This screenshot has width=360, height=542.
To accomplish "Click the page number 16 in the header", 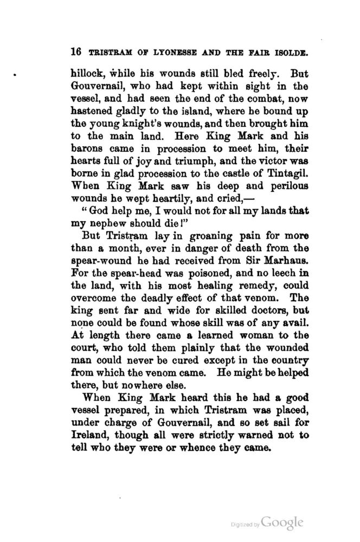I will pos(75,53).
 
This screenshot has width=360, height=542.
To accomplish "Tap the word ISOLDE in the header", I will pos(288,53).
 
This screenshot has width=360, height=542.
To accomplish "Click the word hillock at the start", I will pos(88,73).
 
